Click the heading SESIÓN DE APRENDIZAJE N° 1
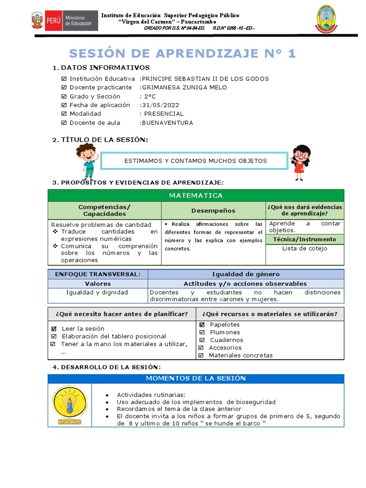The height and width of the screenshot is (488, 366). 183,53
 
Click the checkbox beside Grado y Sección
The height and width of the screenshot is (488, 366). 64,96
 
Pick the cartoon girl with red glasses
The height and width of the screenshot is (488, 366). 300,162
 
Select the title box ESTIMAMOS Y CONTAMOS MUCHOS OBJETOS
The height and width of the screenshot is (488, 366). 195,161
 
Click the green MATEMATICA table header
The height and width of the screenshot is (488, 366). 195,195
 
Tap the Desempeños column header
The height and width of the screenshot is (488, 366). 213,211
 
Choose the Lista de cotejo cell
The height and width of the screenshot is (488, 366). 305,248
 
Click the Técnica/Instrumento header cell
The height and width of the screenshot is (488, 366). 305,239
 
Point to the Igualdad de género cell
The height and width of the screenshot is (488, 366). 245,274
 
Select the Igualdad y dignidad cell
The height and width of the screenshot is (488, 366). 97,292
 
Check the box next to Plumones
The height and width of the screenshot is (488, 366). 202,332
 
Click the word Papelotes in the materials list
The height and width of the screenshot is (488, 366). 225,325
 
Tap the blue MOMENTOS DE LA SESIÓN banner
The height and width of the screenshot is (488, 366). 195,378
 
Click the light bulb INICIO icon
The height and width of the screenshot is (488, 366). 70,405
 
